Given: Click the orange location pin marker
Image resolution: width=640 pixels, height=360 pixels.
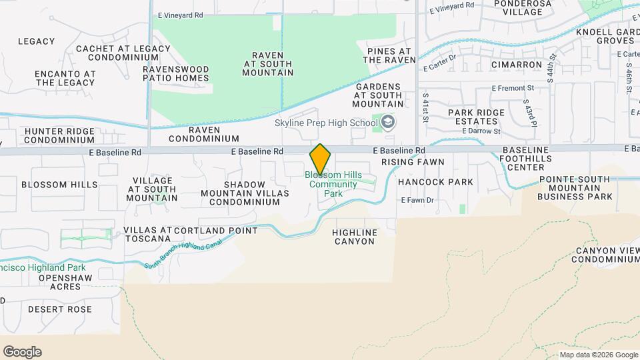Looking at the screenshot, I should pos(320,159).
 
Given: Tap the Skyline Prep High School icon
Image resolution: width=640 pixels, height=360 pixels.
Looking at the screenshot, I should pos(388,122).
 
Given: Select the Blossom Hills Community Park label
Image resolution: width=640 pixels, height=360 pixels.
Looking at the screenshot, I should pos(333,184).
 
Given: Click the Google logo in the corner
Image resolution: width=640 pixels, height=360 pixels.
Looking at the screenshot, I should pos(22,352).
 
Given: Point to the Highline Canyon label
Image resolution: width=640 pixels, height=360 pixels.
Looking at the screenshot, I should pos(355,237).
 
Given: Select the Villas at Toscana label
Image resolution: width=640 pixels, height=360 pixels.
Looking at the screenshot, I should pos(147,233).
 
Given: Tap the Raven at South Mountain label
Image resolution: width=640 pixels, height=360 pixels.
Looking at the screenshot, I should pos(268,64).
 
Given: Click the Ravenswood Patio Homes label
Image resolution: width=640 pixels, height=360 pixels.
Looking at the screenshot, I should pos(175,73).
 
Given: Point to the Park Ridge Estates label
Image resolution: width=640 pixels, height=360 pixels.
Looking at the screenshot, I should pos(476,117).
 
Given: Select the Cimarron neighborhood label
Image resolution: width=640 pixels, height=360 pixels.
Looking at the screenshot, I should pos(516,65).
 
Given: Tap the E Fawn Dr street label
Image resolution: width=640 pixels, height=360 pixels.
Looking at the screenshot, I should pos(417,200).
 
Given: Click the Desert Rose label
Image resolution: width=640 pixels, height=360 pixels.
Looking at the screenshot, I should pos(60,309).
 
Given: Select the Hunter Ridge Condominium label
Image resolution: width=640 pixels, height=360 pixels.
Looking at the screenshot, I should pos(59,135).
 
